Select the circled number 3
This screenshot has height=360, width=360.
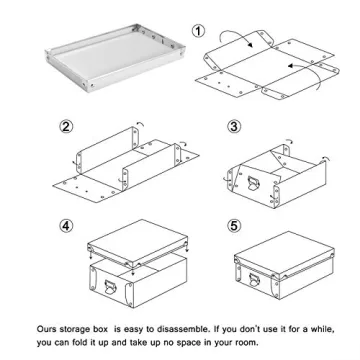pos(233,127)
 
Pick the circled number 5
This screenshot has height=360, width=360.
pos(233,224)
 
